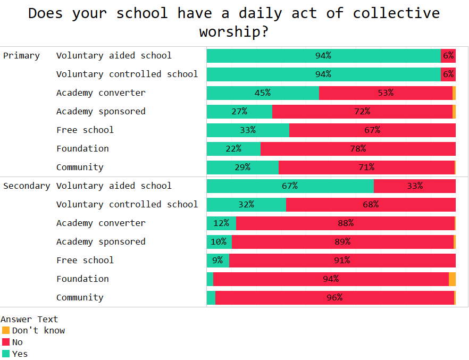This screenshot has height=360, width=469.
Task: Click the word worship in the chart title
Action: pos(233,32)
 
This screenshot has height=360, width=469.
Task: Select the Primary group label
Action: pos(21,55)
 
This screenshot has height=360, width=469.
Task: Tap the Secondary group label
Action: pos(27,186)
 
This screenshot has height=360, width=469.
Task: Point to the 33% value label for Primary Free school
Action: pos(248,130)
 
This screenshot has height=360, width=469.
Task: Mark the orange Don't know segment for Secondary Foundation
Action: pos(452,279)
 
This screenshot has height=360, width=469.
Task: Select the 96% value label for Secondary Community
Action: pos(334,297)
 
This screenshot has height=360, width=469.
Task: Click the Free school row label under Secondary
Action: pos(85,260)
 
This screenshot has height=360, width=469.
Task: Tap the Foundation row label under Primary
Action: pos(82,148)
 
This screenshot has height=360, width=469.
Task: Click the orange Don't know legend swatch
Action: pos(6,330)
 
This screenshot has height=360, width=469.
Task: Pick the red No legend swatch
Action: pos(6,342)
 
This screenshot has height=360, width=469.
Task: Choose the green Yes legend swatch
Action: pos(6,354)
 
